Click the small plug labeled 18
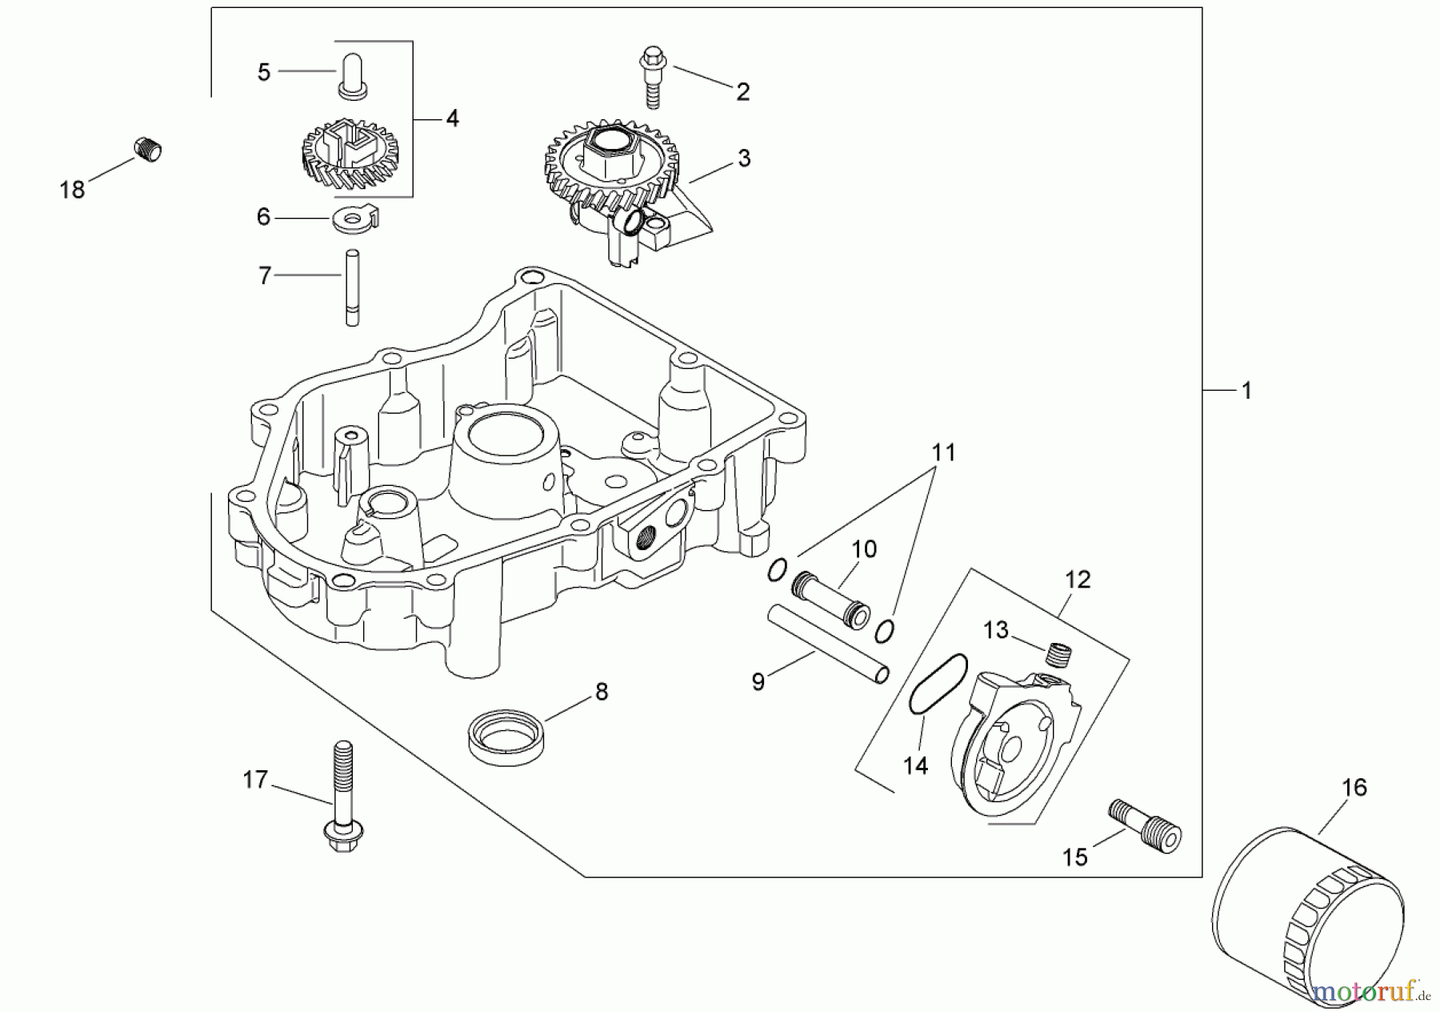146,150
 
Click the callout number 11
944,453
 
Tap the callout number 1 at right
1246,391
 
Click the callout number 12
1078,579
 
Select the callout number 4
452,118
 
